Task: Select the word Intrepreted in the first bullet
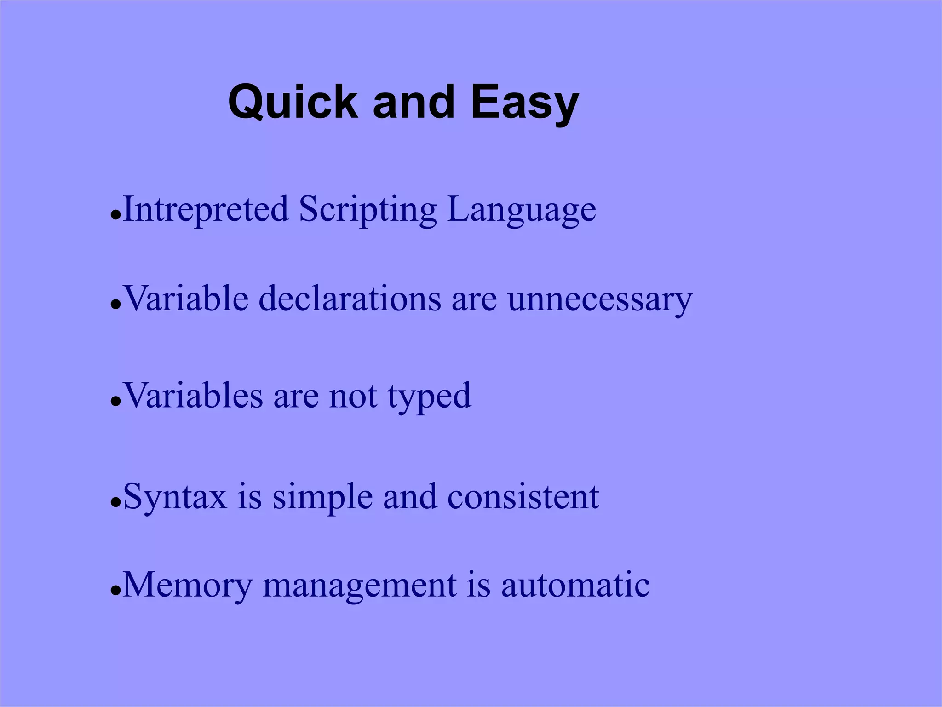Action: pos(206,209)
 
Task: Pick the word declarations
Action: pos(350,299)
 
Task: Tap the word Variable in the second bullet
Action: pos(186,299)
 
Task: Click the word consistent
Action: pos(523,497)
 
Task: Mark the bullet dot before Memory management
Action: pos(115,592)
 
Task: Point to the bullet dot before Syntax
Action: pos(115,502)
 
